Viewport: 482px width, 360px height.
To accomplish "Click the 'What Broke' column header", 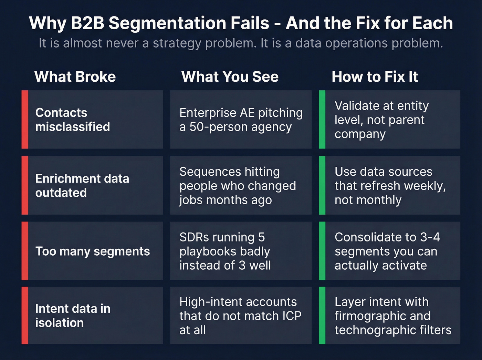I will pos(75,76).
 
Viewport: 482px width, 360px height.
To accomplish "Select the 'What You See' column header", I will pos(230,76).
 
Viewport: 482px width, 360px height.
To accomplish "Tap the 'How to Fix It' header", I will pos(375,76).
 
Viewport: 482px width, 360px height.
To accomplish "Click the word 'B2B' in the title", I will pos(87,23).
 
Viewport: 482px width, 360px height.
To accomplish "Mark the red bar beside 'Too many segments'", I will pos(25,251).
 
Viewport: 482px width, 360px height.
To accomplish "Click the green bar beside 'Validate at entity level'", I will pos(322,120).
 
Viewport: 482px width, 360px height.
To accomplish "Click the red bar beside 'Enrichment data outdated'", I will pos(25,185).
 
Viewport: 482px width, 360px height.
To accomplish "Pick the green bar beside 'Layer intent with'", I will pos(322,316).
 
